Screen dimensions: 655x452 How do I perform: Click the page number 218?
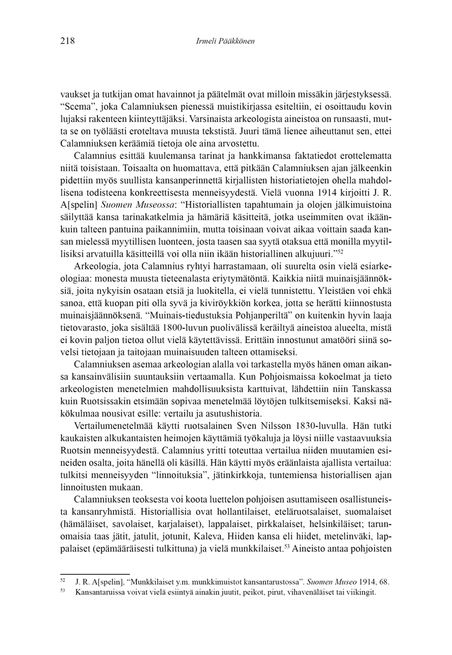67,41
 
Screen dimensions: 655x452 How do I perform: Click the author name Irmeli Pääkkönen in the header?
225,41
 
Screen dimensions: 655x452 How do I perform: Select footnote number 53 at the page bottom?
62,591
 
